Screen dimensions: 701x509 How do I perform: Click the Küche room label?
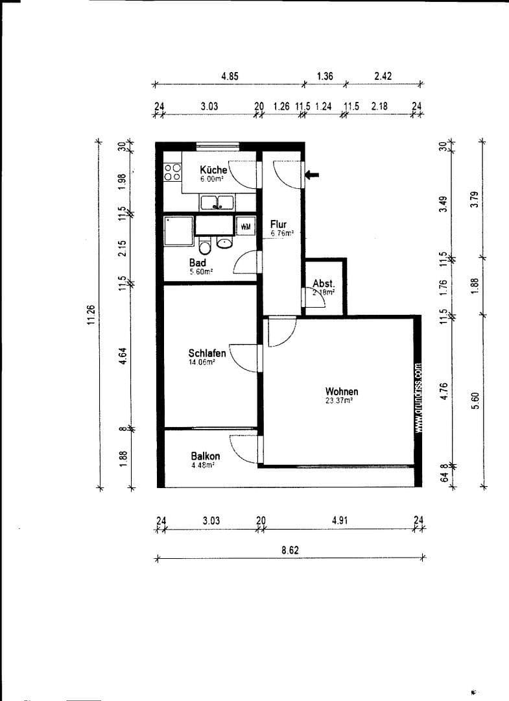(213, 169)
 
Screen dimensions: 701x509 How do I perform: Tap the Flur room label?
(278, 225)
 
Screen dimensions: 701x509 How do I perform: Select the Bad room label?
(198, 263)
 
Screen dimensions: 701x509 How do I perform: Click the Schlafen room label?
(207, 353)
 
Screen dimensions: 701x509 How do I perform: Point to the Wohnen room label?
(342, 391)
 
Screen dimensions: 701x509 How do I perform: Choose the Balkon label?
(205, 456)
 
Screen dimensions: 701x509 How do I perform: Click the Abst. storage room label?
(324, 284)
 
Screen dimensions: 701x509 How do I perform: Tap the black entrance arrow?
(313, 174)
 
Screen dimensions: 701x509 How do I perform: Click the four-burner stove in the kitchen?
(172, 171)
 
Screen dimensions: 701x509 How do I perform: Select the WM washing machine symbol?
(246, 226)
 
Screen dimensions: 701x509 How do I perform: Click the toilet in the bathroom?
(204, 246)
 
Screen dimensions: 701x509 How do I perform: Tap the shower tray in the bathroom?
(178, 231)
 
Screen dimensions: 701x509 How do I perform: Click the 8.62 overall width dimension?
(289, 549)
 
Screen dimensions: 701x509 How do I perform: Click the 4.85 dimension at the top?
(230, 76)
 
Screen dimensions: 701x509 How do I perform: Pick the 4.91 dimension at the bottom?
(340, 520)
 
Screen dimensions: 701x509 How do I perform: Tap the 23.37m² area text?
(339, 401)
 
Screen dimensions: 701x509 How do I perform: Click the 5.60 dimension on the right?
(477, 402)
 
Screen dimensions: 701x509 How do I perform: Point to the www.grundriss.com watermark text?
(420, 397)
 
